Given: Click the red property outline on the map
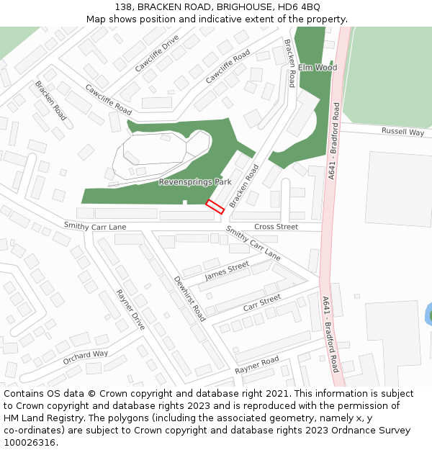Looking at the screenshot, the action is click(x=215, y=206).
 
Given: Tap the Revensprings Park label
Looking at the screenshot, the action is click(x=195, y=182).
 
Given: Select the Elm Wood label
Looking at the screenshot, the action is click(x=318, y=68).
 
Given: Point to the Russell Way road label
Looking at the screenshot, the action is click(x=402, y=132).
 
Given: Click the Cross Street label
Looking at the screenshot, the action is click(x=276, y=227).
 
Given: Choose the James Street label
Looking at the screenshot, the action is click(x=227, y=271).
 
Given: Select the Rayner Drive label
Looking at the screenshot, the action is click(x=130, y=310).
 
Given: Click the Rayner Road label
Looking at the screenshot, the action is click(x=256, y=365).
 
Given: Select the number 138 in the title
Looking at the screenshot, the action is click(x=123, y=6).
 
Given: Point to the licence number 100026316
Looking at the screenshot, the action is click(x=30, y=443).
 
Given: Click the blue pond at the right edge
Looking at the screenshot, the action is click(x=429, y=314).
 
